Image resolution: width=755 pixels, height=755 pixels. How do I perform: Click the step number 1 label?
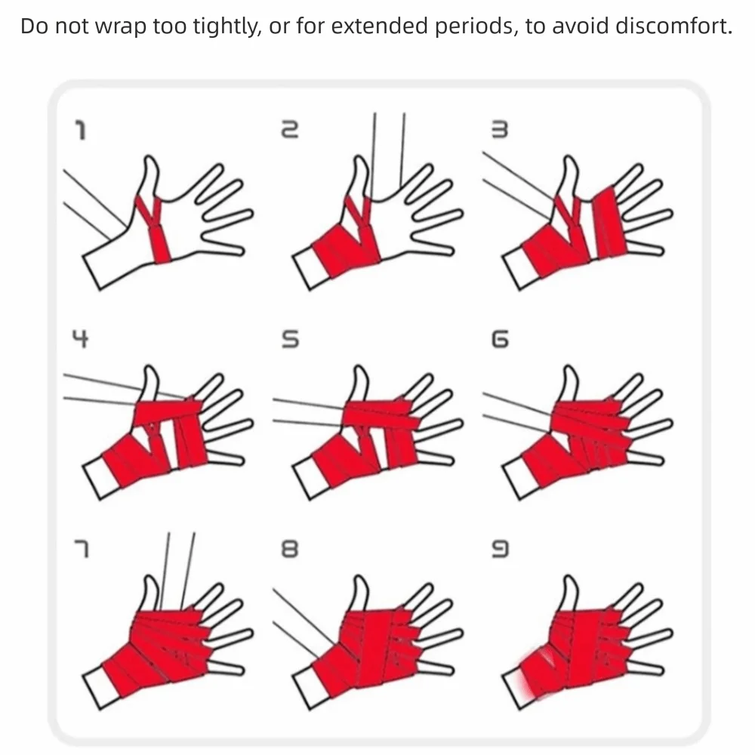pyautogui.click(x=82, y=131)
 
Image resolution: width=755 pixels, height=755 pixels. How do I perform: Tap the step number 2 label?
pyautogui.click(x=290, y=130)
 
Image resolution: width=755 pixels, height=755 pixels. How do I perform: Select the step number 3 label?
pyautogui.click(x=499, y=130)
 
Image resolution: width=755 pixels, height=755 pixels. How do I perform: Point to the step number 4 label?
pyautogui.click(x=81, y=339)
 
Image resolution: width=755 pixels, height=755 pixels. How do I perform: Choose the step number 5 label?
pyautogui.click(x=290, y=339)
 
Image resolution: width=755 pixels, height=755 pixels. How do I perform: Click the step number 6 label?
pyautogui.click(x=499, y=339)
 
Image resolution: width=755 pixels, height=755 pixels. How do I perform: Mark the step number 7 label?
pyautogui.click(x=82, y=549)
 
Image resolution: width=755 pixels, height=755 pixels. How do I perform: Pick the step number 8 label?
pyautogui.click(x=290, y=549)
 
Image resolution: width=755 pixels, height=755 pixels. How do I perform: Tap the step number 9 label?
pyautogui.click(x=499, y=549)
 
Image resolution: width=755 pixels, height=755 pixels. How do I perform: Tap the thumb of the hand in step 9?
pyautogui.click(x=569, y=595)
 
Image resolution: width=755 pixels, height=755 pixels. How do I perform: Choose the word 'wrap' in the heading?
pyautogui.click(x=120, y=27)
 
